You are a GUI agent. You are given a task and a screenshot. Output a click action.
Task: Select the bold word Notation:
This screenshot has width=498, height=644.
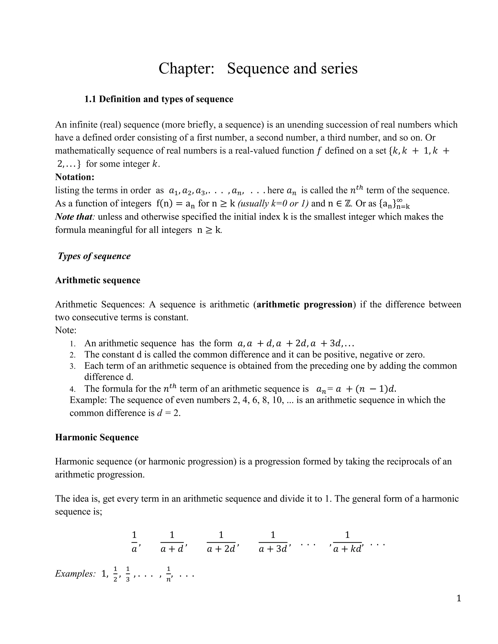pyautogui.click(x=75, y=177)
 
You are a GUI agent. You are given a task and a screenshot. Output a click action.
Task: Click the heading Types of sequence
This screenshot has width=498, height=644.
pyautogui.click(x=94, y=256)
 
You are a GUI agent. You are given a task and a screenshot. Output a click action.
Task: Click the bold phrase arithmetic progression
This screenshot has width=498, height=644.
pyautogui.click(x=304, y=305)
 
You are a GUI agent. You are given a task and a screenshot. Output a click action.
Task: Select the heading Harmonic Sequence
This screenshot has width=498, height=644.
pyautogui.click(x=97, y=437)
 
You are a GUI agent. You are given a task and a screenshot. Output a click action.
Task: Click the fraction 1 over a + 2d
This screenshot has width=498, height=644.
pyautogui.click(x=221, y=542)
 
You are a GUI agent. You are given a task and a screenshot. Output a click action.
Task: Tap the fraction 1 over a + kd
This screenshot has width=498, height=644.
pyautogui.click(x=347, y=542)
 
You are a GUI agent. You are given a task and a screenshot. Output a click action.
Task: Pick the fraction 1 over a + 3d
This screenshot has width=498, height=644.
pyautogui.click(x=273, y=542)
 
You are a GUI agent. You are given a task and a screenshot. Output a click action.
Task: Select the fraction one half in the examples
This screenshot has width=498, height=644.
pyautogui.click(x=115, y=574)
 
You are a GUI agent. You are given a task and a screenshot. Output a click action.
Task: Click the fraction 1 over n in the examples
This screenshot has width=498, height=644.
pyautogui.click(x=169, y=574)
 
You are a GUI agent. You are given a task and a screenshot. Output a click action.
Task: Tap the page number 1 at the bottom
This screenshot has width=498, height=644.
pyautogui.click(x=458, y=598)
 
